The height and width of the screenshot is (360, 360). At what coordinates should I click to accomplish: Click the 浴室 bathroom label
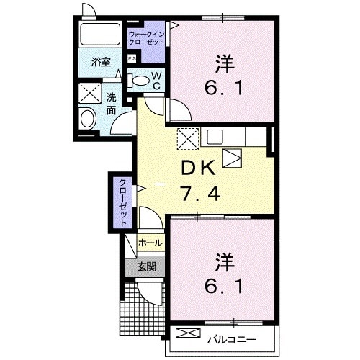point(102,63)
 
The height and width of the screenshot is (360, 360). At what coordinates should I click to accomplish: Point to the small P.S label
point(132,58)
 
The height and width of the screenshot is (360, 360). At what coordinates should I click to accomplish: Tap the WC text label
point(156,80)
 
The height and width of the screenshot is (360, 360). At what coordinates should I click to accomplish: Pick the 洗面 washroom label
point(111,104)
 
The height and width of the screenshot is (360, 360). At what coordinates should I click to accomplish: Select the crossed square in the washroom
point(90,94)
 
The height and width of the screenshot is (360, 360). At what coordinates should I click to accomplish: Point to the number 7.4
point(197,193)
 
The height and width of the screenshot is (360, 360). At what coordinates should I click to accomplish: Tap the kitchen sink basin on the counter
point(215,135)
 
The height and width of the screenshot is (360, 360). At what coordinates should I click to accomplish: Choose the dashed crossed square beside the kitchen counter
point(187,138)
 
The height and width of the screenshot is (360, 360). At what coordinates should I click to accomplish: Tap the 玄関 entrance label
point(147,266)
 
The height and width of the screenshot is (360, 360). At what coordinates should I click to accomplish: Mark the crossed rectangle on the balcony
point(186,334)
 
